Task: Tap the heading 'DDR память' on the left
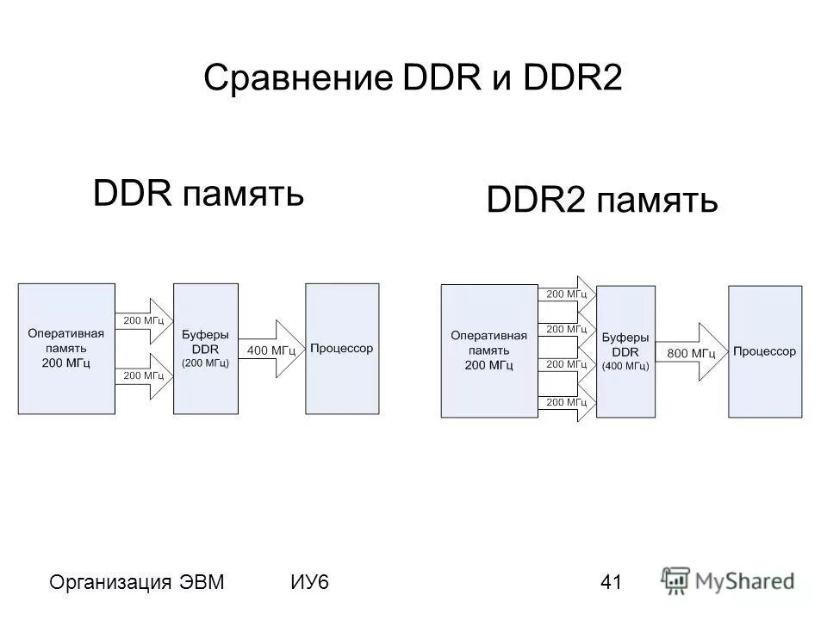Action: pyautogui.click(x=198, y=194)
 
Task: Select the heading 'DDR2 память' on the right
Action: pyautogui.click(x=601, y=201)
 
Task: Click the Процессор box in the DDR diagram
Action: pyautogui.click(x=341, y=349)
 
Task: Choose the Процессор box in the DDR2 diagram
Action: pyautogui.click(x=764, y=351)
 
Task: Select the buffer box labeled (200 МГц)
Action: pyautogui.click(x=205, y=349)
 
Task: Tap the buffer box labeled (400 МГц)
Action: pyautogui.click(x=625, y=351)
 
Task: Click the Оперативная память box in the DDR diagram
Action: pyautogui.click(x=66, y=349)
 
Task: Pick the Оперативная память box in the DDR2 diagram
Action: pyautogui.click(x=488, y=351)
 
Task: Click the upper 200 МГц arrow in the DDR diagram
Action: pyautogui.click(x=144, y=319)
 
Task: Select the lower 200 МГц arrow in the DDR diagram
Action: pyautogui.click(x=144, y=375)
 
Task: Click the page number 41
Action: pyautogui.click(x=611, y=582)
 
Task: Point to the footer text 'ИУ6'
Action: pyautogui.click(x=310, y=582)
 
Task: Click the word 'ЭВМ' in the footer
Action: pyautogui.click(x=202, y=582)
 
